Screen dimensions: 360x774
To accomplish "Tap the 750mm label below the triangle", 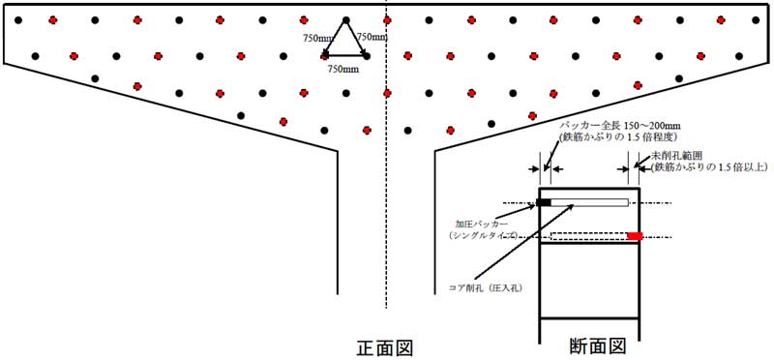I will (342, 70).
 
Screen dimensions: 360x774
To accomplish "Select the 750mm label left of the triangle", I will (317, 38).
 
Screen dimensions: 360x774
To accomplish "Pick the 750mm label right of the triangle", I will (372, 37).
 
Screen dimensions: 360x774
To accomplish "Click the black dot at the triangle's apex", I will (346, 19).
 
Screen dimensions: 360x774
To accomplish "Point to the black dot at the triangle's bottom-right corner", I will (367, 55).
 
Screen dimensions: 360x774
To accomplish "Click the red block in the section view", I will (635, 236).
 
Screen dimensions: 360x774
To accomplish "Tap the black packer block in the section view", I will (544, 202).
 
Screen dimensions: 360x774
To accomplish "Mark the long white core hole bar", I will (589, 202).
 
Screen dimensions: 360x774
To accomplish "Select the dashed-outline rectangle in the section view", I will (588, 236).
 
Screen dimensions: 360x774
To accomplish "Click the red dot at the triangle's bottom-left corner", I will (326, 55).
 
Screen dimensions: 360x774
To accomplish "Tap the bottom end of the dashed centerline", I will (387, 308).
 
